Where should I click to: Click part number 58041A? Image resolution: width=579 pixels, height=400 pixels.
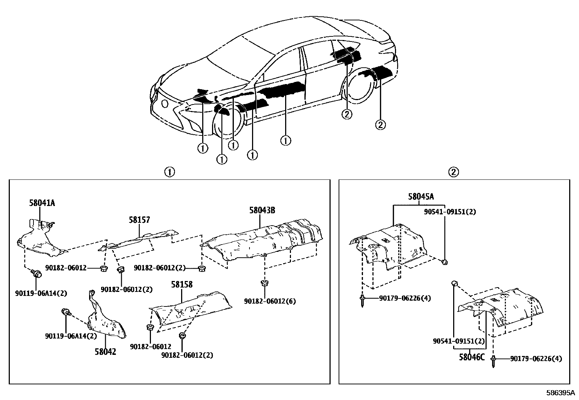tap(42, 203)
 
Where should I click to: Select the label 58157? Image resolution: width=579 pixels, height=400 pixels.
tap(139, 220)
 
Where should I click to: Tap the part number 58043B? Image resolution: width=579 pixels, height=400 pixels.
tap(262, 210)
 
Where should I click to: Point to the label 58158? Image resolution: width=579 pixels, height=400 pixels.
tap(181, 284)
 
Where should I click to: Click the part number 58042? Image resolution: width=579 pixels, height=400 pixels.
tap(105, 352)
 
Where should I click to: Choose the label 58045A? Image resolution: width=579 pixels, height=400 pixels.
tap(421, 197)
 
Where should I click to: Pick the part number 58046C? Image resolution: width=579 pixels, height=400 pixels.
tap(471, 357)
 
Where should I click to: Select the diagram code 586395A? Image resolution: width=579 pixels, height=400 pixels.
tap(560, 393)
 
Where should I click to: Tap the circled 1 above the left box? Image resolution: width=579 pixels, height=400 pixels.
tap(169, 172)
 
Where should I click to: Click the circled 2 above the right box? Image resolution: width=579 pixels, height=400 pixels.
tap(454, 172)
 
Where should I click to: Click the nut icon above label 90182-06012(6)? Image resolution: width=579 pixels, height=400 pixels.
tap(265, 282)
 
